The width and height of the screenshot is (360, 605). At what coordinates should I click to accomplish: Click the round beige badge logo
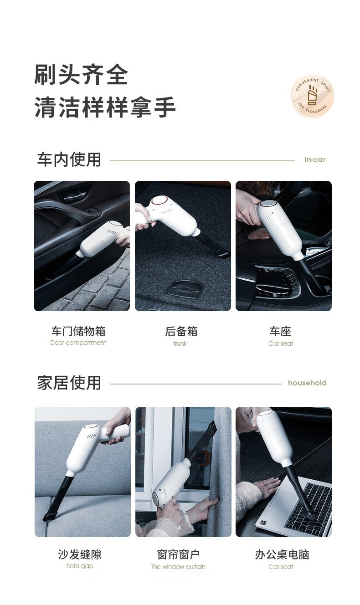pyautogui.click(x=313, y=96)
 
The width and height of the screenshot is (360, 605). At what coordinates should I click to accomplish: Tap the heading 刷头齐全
pyautogui.click(x=81, y=75)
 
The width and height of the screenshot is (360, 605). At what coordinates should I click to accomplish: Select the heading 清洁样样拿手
pyautogui.click(x=105, y=107)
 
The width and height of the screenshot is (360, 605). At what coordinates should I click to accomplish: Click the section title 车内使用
pyautogui.click(x=69, y=159)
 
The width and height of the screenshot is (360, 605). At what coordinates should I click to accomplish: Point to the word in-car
pyautogui.click(x=315, y=159)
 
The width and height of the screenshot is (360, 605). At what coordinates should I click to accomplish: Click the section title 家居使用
pyautogui.click(x=69, y=383)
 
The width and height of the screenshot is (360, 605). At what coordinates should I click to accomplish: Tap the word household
pyautogui.click(x=307, y=383)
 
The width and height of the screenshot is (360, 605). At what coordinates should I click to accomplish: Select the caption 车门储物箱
pyautogui.click(x=78, y=331)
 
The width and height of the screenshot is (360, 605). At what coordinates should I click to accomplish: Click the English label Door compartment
pyautogui.click(x=78, y=343)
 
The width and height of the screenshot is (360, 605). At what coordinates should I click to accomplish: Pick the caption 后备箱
pyautogui.click(x=181, y=331)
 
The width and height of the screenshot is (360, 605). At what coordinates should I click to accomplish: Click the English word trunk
pyautogui.click(x=180, y=344)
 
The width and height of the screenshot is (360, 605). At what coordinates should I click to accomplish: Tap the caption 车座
pyautogui.click(x=280, y=331)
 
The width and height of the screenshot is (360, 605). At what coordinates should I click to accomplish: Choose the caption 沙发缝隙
pyautogui.click(x=80, y=554)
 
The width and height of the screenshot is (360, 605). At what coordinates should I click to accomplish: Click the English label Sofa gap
pyautogui.click(x=80, y=566)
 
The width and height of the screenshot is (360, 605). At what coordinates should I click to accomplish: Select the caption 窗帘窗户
pyautogui.click(x=178, y=554)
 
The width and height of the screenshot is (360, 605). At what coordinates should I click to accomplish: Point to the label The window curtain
pyautogui.click(x=178, y=567)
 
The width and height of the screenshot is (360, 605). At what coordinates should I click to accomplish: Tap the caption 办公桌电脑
pyautogui.click(x=282, y=554)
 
